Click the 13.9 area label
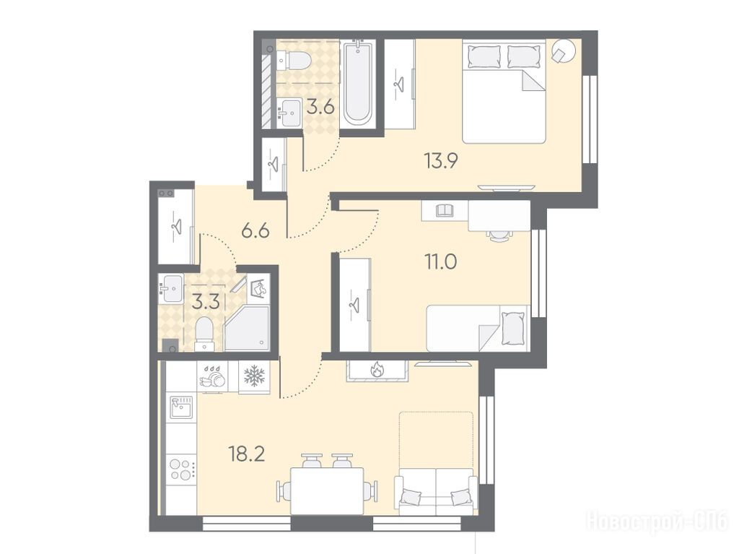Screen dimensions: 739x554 441,161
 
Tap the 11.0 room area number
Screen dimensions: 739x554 441,261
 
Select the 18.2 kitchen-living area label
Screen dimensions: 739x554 247,454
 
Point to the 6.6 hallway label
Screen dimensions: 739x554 255,231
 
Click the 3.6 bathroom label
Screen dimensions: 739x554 320,107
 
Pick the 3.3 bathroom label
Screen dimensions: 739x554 206,301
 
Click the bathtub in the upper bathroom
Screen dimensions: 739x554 358,82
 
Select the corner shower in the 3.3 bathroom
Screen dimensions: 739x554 247,327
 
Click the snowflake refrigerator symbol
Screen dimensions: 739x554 255,376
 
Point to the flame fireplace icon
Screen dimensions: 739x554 377,370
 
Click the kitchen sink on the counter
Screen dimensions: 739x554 181,407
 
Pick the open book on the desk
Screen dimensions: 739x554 445,209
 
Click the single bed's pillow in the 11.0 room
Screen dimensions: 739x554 512,328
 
